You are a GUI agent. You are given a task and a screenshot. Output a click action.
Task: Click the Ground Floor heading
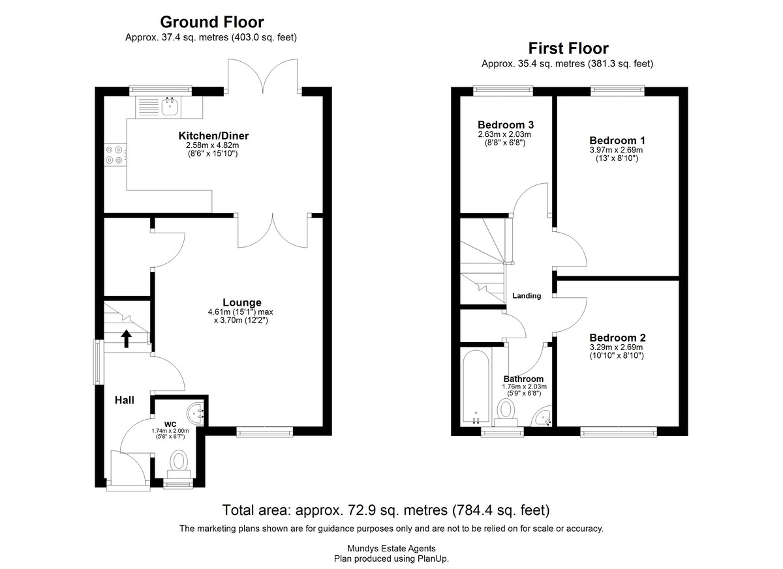pyautogui.click(x=212, y=22)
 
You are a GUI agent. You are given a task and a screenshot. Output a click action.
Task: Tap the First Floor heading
pyautogui.click(x=568, y=48)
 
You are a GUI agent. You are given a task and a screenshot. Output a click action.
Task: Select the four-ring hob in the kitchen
pyautogui.click(x=115, y=154)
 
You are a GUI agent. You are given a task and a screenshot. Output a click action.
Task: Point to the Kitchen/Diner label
pyautogui.click(x=213, y=136)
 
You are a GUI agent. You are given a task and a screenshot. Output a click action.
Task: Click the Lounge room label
pyautogui.click(x=242, y=302)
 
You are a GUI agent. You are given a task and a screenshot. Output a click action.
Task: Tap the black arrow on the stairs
pyautogui.click(x=126, y=339)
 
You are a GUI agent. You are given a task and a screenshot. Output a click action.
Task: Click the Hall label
pyautogui.click(x=125, y=400)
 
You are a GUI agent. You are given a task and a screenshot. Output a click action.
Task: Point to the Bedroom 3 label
pyautogui.click(x=506, y=124)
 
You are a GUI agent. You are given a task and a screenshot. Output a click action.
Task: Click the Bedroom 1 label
pyautogui.click(x=617, y=140)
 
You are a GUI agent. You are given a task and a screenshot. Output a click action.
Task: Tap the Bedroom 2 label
pyautogui.click(x=617, y=338)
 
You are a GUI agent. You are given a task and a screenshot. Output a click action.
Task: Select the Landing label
pyautogui.click(x=527, y=296)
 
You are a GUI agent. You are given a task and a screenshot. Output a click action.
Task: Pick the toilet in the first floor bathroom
pyautogui.click(x=506, y=413)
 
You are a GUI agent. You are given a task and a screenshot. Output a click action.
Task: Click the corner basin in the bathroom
pyautogui.click(x=542, y=416)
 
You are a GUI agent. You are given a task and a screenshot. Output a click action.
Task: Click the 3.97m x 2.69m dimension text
pyautogui.click(x=616, y=150)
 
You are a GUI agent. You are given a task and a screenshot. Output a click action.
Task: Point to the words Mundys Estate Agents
pyautogui.click(x=391, y=548)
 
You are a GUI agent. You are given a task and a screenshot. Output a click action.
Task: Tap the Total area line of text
pyautogui.click(x=386, y=510)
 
